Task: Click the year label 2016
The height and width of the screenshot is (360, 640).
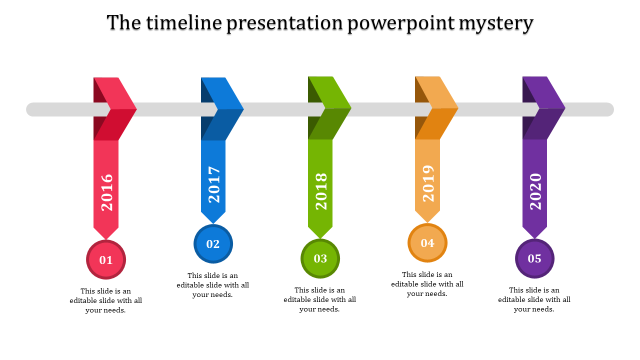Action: [x=107, y=192]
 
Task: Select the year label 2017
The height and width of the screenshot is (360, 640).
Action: [x=214, y=184]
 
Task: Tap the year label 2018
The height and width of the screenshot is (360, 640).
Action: [x=321, y=191]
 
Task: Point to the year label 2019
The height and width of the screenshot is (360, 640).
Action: [x=428, y=183]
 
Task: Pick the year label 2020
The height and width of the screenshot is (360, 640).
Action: [x=535, y=191]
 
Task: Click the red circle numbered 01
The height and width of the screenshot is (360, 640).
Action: [x=106, y=259]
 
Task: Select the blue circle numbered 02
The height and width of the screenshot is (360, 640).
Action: [x=213, y=243]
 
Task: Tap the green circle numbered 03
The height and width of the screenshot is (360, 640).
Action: [x=320, y=258]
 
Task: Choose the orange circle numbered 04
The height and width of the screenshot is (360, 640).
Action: [x=427, y=243]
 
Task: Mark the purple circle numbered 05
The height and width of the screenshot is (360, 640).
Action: [x=534, y=258]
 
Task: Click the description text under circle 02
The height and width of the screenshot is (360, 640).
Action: [x=213, y=285]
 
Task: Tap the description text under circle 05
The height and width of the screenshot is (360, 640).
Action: [x=534, y=299]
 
